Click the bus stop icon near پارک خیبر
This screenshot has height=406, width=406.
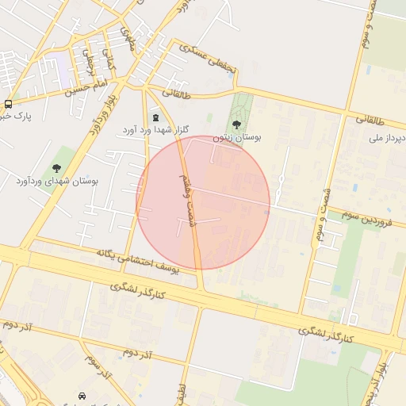pos(8,104)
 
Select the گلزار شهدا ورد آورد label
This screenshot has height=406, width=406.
pos(155,128)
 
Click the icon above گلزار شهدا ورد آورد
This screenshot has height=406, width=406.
pos(155,117)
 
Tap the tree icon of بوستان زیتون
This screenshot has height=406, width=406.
pos(237,124)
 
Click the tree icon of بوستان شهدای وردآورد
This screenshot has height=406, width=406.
pos(57,167)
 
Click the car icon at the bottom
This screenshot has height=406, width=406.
pos(82,395)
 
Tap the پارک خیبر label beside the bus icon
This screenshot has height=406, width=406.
pos(16,117)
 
